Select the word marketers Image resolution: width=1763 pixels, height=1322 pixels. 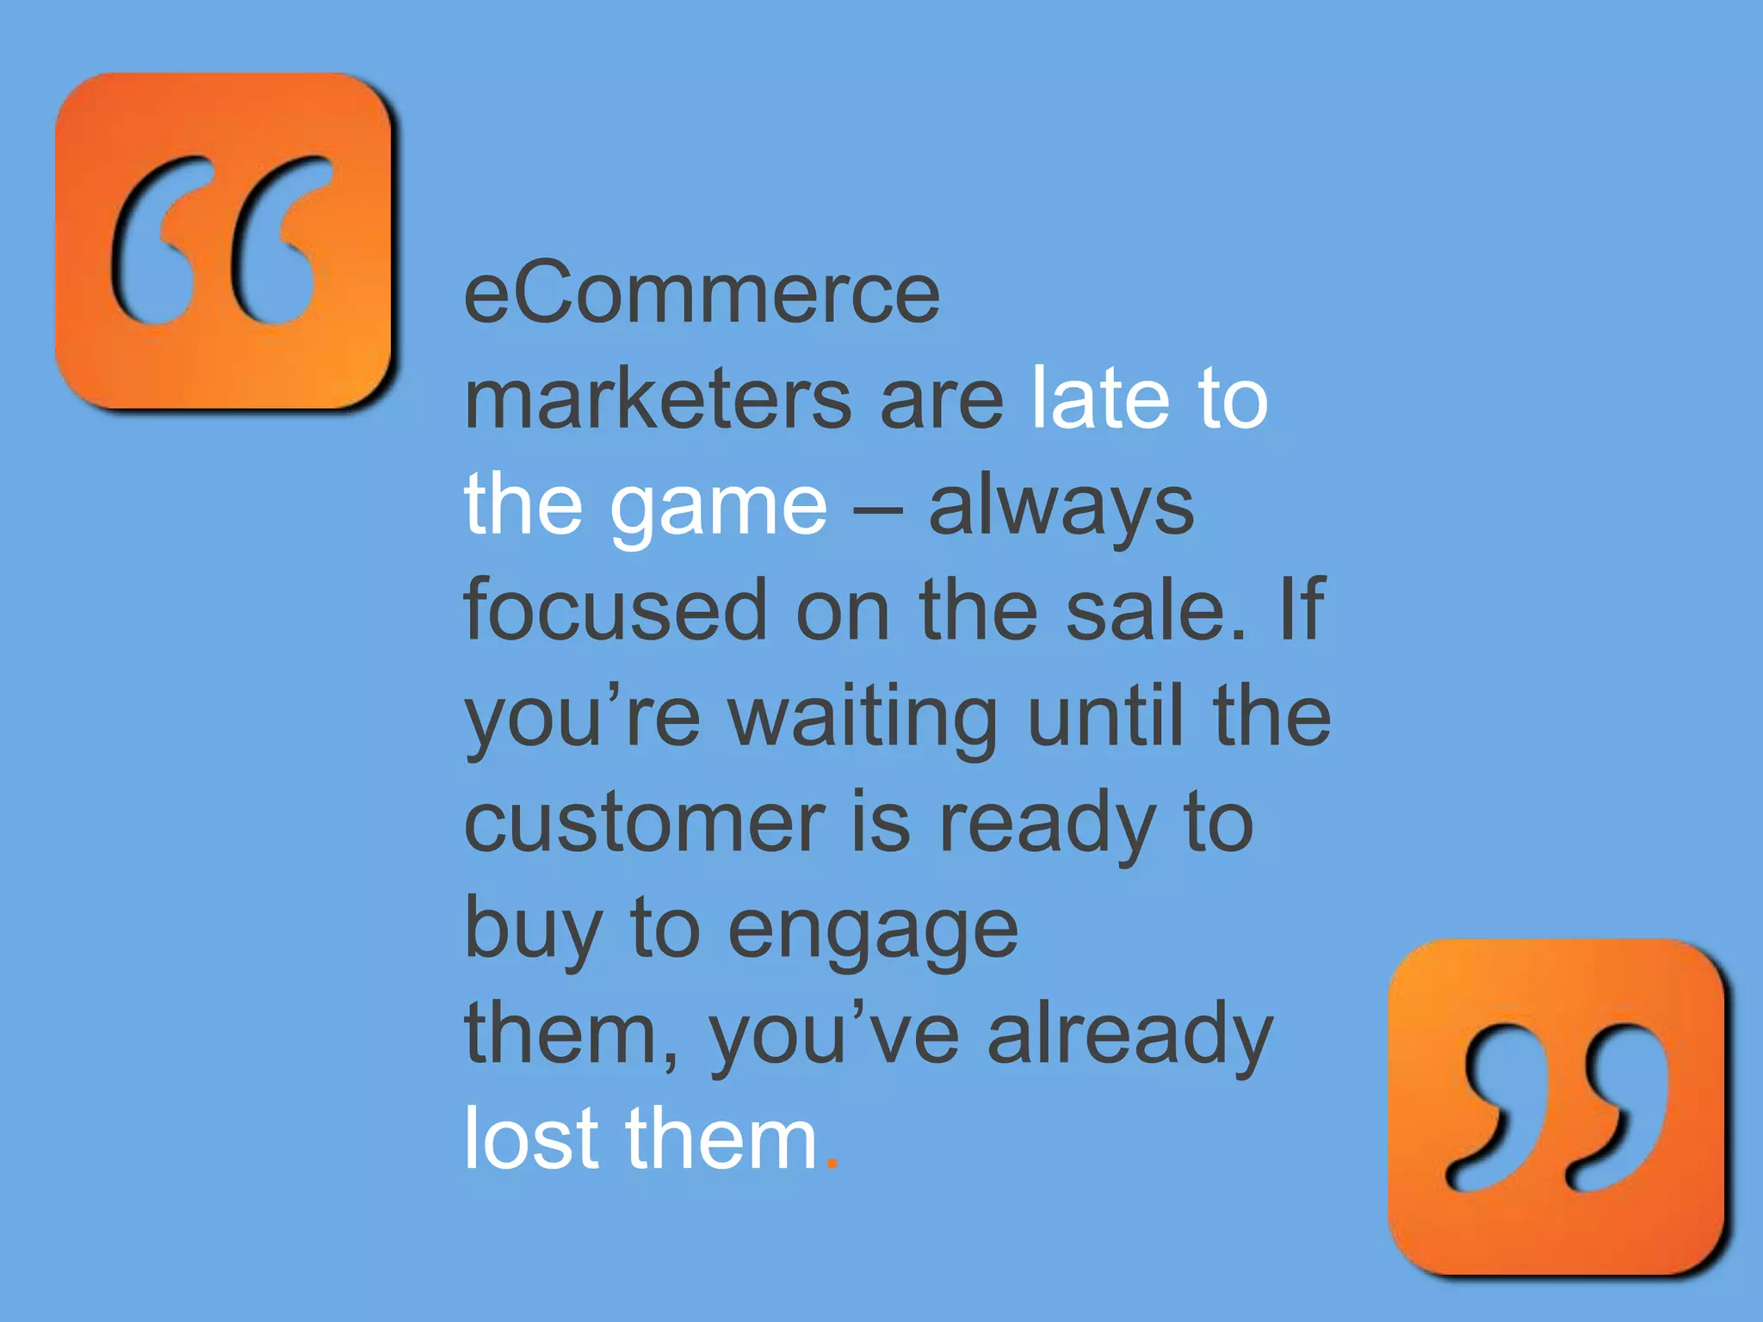pyautogui.click(x=658, y=399)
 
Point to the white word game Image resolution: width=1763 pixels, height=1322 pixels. pyautogui.click(x=718, y=508)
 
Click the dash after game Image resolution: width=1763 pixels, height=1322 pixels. pyautogui.click(x=877, y=508)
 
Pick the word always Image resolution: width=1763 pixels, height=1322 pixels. pyautogui.click(x=1061, y=508)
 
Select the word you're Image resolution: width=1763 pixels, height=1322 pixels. pyautogui.click(x=582, y=718)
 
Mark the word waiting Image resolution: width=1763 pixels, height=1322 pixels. pyautogui.click(x=863, y=718)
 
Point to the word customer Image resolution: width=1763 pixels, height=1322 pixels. pyautogui.click(x=644, y=823)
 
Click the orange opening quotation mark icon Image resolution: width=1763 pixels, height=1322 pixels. pyautogui.click(x=223, y=241)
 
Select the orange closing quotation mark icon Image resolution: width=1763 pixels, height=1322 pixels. pyautogui.click(x=1556, y=1107)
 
